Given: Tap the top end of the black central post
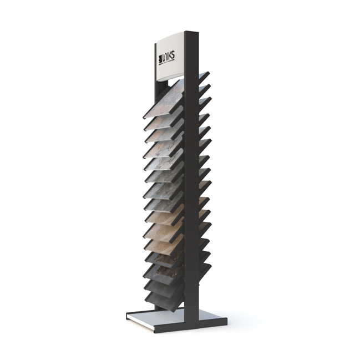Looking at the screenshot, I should pyautogui.click(x=192, y=35).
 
